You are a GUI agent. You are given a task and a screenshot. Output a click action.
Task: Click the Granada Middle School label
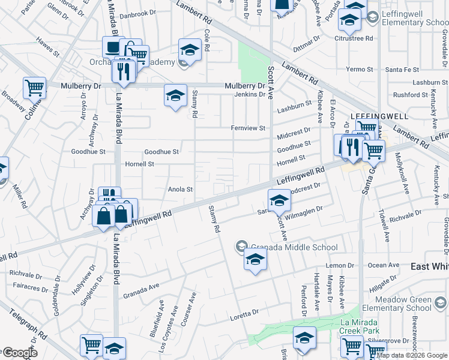click(282, 246)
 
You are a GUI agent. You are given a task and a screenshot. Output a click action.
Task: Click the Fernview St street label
click(249, 128)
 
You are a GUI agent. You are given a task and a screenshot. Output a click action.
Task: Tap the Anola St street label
click(180, 190)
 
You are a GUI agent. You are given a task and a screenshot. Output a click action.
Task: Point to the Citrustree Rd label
click(358, 38)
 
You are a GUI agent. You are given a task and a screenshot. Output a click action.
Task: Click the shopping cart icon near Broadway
click(34, 88)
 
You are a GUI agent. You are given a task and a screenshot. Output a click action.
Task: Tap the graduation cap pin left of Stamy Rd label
click(175, 95)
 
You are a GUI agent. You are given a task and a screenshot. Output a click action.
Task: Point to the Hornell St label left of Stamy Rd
click(139, 164)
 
